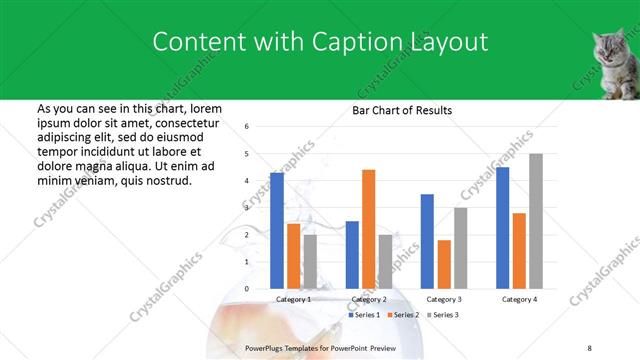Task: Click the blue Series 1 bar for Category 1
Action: (276, 231)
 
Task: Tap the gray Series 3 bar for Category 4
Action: (536, 221)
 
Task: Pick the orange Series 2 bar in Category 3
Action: (443, 264)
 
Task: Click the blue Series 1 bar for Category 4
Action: (502, 228)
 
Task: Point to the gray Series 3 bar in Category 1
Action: (310, 262)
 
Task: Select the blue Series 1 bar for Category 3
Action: (427, 241)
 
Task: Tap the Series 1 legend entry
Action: (366, 315)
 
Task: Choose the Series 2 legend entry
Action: (404, 315)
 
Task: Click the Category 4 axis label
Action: (519, 299)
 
